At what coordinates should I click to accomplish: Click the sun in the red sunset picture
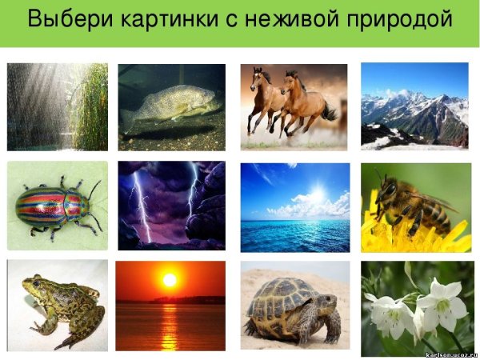[169, 280]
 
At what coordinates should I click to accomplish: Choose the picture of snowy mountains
[414, 106]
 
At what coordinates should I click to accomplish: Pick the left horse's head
[258, 77]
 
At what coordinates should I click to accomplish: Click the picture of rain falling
[57, 107]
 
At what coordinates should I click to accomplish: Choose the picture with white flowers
[417, 308]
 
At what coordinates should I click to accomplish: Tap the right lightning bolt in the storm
[192, 189]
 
